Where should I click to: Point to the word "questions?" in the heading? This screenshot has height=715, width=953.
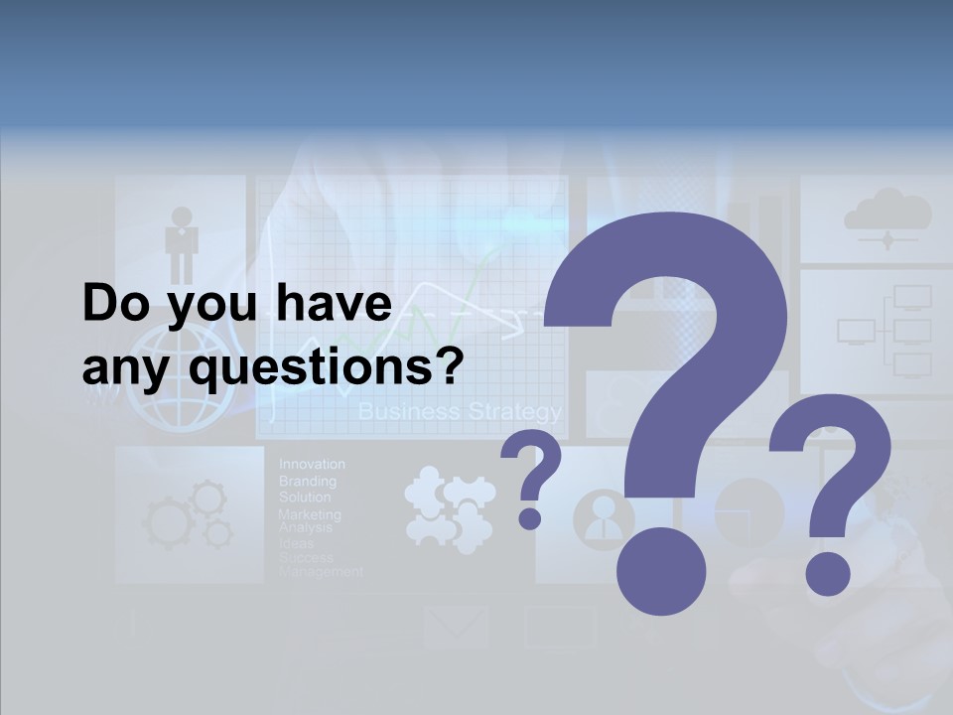click(x=327, y=370)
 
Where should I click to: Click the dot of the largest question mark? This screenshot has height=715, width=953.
click(x=661, y=572)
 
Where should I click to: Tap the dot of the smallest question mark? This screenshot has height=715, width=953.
click(x=530, y=517)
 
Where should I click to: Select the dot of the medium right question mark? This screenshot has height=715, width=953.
click(x=827, y=573)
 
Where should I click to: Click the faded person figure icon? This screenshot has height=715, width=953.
click(x=182, y=244)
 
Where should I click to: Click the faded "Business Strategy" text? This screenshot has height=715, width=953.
click(x=459, y=411)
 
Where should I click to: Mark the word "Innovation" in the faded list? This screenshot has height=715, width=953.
click(x=312, y=464)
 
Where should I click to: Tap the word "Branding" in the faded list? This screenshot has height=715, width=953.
click(x=307, y=481)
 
